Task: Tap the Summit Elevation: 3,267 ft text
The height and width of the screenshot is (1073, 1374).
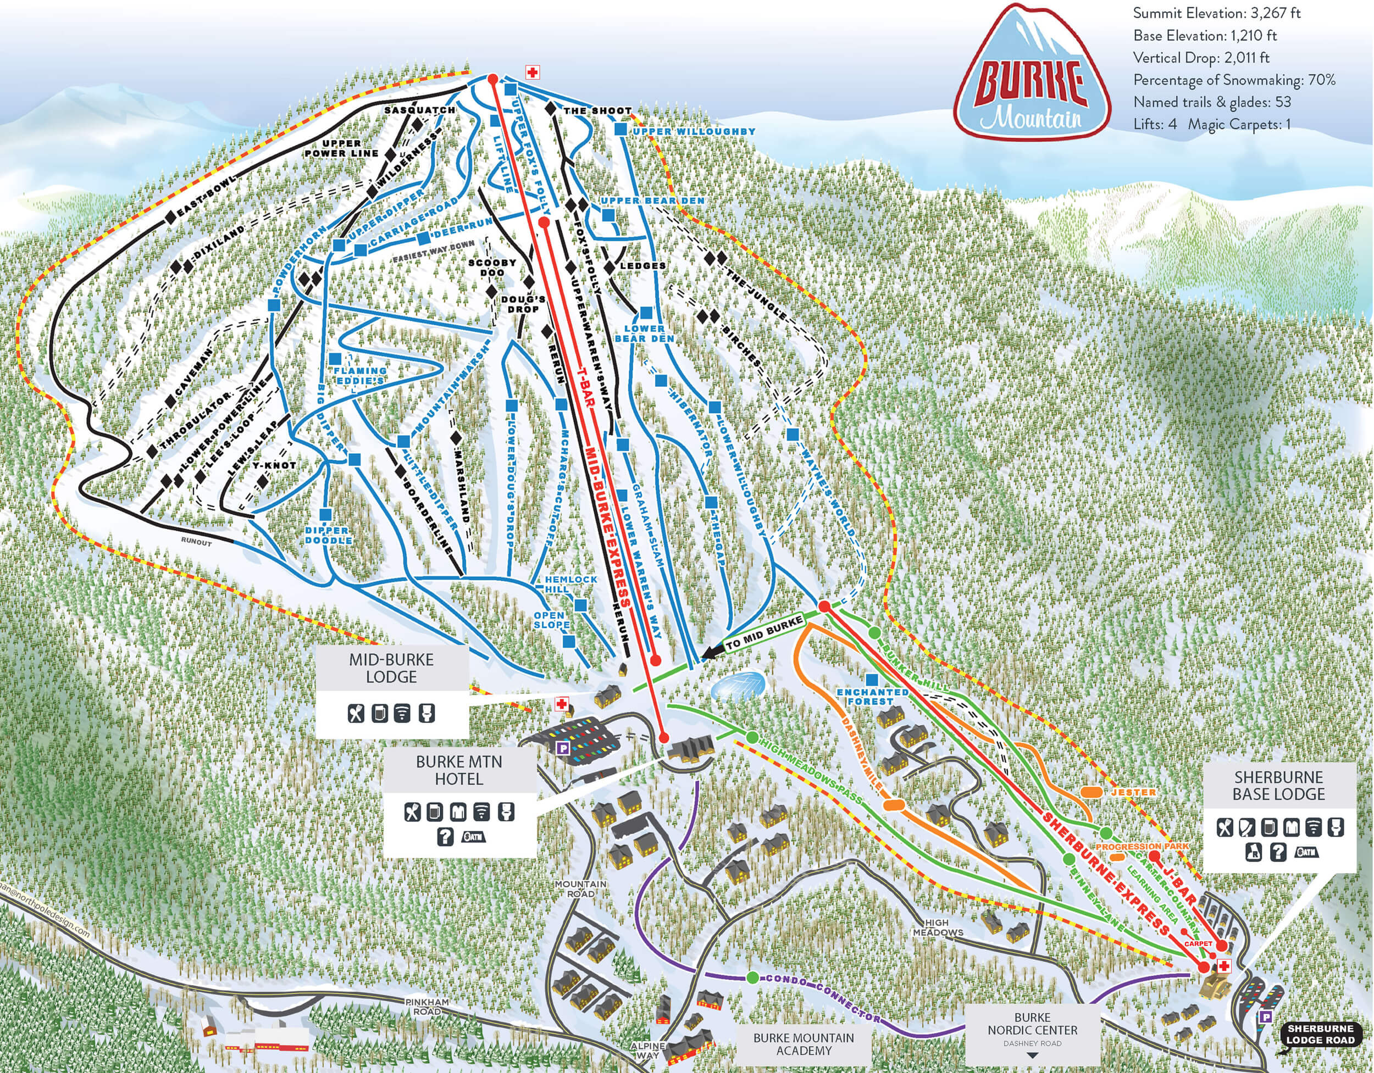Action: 1216,13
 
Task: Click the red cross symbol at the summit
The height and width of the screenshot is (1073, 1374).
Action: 532,73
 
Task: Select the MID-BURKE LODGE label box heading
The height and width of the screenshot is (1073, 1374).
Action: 391,668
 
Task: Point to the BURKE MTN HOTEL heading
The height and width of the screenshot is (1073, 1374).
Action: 458,770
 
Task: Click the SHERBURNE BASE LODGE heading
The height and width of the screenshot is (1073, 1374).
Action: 1278,786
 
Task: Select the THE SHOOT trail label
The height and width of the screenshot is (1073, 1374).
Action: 596,110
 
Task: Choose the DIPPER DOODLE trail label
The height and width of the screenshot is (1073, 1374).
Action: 328,535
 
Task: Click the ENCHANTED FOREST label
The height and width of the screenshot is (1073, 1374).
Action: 872,696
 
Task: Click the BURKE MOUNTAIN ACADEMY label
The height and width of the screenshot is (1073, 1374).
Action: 804,1043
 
